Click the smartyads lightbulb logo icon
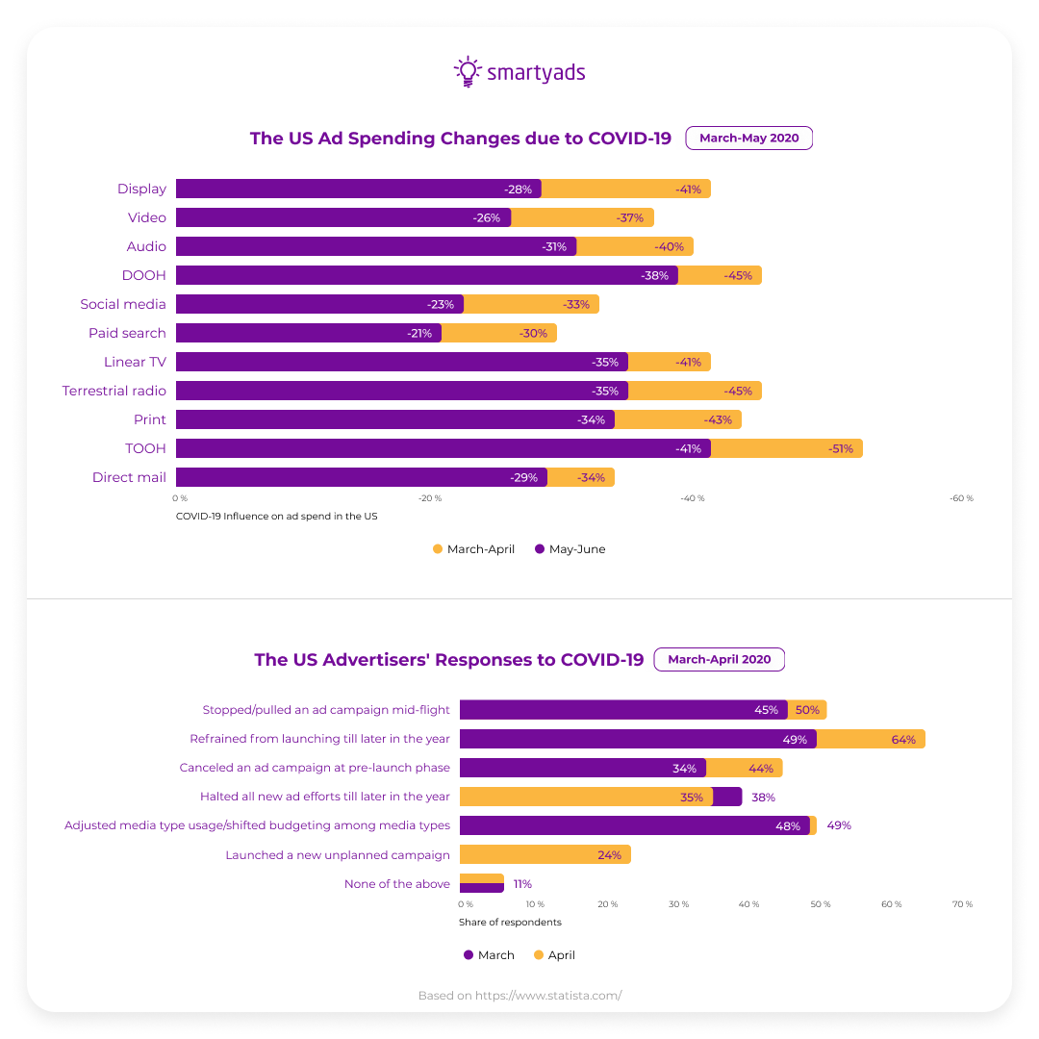(467, 72)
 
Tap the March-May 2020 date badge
(748, 138)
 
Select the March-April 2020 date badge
(719, 659)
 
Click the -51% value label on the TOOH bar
(840, 448)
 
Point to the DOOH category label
(143, 275)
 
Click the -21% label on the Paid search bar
(420, 333)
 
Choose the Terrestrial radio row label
(114, 391)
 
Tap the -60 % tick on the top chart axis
(961, 498)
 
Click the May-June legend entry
(570, 549)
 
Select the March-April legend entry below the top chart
(473, 549)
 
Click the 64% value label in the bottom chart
(902, 739)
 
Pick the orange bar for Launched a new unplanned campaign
(545, 854)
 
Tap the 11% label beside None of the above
(522, 883)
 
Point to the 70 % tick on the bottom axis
(961, 904)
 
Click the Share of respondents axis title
(510, 922)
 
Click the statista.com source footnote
(519, 996)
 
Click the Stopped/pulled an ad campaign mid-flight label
(325, 710)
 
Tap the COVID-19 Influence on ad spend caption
(276, 517)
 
